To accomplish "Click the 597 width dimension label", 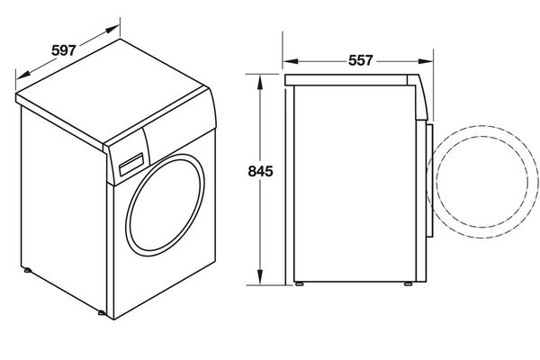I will tap(62, 50).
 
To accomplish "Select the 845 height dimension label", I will tap(258, 171).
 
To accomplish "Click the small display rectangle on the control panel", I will tap(131, 163).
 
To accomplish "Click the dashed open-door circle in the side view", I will tap(480, 183).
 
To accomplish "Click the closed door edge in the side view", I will tap(430, 180).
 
